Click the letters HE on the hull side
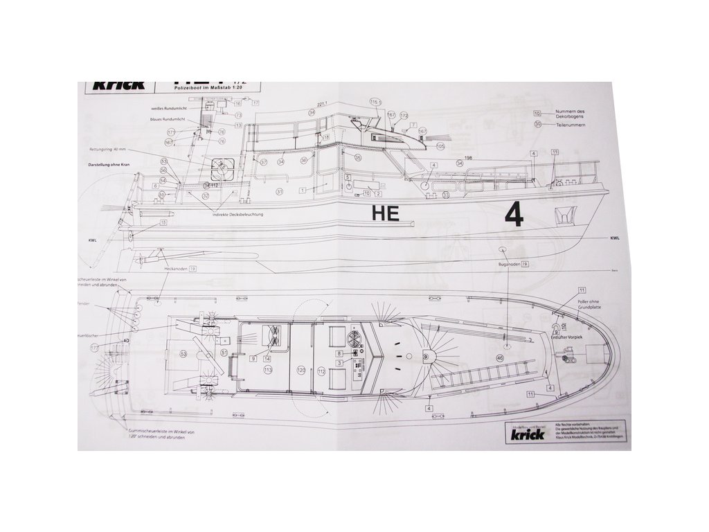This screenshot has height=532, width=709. click(386, 213)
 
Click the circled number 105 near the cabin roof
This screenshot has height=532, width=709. click(440, 145)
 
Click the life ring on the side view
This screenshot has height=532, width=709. click(223, 167)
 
